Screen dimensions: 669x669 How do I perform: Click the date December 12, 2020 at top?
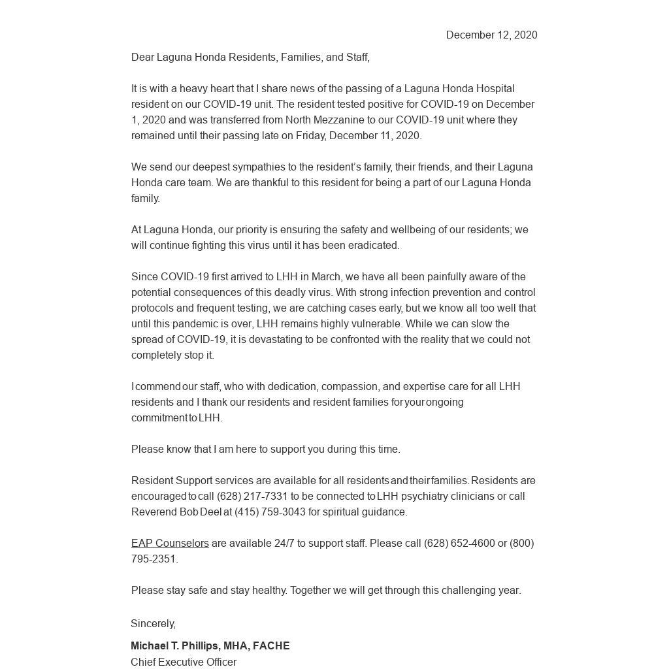(491, 35)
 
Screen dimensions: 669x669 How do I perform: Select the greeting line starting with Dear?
(250, 57)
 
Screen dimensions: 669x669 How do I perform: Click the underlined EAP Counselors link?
(170, 544)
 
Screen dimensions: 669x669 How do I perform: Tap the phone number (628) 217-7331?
(252, 497)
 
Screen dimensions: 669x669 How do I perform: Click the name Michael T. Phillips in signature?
(174, 646)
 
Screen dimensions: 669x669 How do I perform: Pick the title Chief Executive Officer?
(184, 662)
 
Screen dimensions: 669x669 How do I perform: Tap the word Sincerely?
(153, 624)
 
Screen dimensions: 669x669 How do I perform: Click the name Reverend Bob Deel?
(176, 512)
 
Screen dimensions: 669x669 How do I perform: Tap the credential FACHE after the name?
(271, 646)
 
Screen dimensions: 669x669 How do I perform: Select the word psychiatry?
(425, 497)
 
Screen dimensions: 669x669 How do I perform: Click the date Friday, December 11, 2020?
(358, 136)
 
